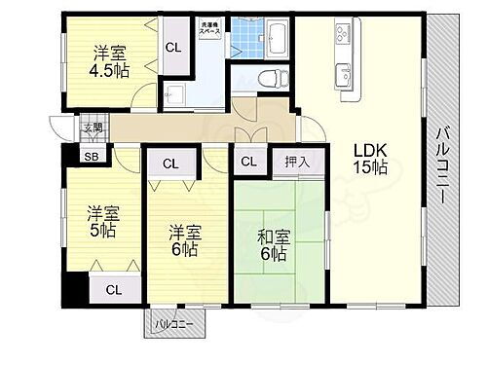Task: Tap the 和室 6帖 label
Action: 273,243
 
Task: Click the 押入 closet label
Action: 297,163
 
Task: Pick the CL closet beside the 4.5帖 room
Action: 172,48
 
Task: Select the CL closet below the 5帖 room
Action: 114,288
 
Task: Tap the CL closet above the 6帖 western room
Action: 169,164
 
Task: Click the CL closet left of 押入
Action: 247,163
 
